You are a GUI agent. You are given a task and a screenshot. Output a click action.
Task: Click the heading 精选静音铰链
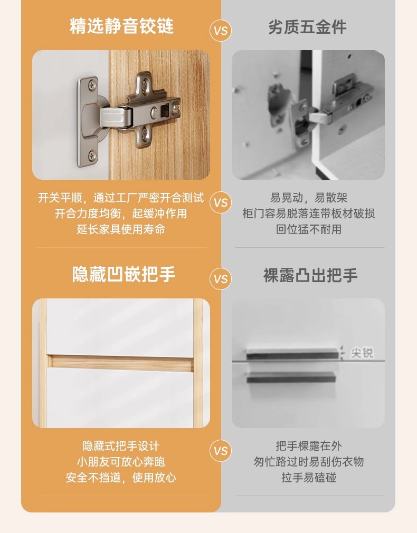(121, 26)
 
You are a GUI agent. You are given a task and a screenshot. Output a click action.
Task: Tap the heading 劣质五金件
(307, 27)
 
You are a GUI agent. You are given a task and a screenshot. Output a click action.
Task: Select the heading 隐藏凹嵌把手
(124, 274)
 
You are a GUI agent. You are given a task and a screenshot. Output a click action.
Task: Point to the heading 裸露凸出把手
(310, 275)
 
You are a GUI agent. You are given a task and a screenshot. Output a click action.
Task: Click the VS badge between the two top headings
(221, 31)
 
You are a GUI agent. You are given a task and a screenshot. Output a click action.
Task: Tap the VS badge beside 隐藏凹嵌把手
(221, 279)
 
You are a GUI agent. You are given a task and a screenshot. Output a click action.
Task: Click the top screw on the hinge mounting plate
(92, 85)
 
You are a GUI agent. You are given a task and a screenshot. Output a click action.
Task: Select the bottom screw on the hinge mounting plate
(92, 156)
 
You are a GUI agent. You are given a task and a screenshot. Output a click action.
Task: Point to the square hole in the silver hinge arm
(165, 110)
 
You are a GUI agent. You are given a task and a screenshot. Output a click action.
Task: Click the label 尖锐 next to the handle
(362, 353)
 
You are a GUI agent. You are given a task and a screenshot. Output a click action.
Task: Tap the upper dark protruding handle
(293, 354)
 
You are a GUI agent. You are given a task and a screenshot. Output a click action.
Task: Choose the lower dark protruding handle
(291, 377)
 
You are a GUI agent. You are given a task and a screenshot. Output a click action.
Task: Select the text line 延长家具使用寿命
(121, 229)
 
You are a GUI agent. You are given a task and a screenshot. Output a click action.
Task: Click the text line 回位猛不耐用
(309, 229)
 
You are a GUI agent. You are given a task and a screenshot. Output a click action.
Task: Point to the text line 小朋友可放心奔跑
(121, 462)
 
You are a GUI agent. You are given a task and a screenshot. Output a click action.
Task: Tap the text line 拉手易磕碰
(309, 477)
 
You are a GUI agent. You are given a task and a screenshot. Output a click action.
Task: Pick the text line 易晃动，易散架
(309, 198)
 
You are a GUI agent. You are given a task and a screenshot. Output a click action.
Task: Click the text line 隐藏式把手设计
(121, 445)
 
